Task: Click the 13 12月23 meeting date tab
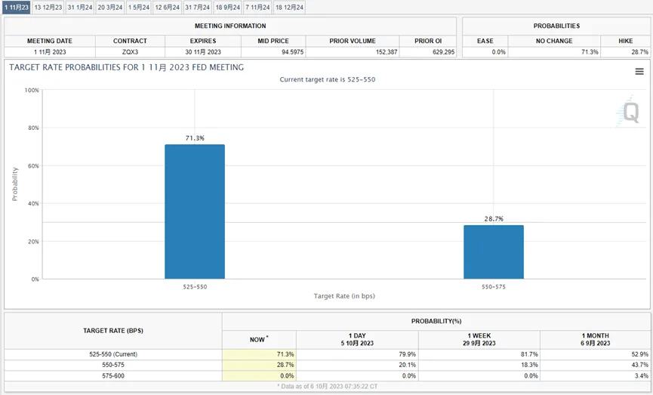click(48, 8)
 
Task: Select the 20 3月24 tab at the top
click(109, 8)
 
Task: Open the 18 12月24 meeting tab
click(289, 8)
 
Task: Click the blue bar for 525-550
click(195, 211)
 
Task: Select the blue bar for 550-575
click(494, 252)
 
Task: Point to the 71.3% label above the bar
click(195, 138)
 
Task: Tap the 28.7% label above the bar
click(494, 219)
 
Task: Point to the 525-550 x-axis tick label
click(195, 287)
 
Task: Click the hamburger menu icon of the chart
click(639, 72)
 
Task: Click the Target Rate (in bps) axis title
click(344, 296)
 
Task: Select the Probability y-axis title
click(14, 184)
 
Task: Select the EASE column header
click(485, 41)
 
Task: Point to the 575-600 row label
click(113, 375)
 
